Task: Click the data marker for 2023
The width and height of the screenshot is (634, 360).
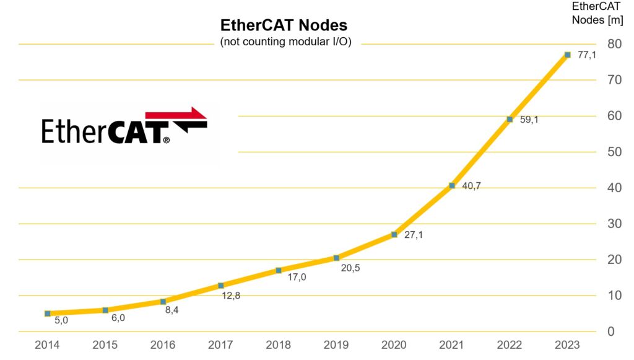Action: (567, 55)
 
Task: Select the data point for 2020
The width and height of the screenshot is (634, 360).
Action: (394, 234)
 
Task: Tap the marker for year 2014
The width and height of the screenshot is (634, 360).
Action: (48, 314)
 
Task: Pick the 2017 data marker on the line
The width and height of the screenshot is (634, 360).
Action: (220, 286)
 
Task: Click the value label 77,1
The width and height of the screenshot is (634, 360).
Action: (587, 55)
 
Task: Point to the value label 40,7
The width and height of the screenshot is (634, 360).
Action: (471, 186)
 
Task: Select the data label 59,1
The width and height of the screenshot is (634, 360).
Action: (529, 120)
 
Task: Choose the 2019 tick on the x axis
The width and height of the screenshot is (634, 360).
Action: (336, 345)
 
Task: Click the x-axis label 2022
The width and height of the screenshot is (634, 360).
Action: (510, 345)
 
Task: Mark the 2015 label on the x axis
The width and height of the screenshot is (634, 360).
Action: (105, 345)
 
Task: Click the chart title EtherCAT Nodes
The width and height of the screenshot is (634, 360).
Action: (284, 25)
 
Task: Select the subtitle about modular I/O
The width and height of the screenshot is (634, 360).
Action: (285, 42)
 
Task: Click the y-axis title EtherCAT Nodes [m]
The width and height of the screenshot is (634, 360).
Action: (597, 13)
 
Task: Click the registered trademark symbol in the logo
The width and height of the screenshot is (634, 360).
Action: (166, 141)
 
